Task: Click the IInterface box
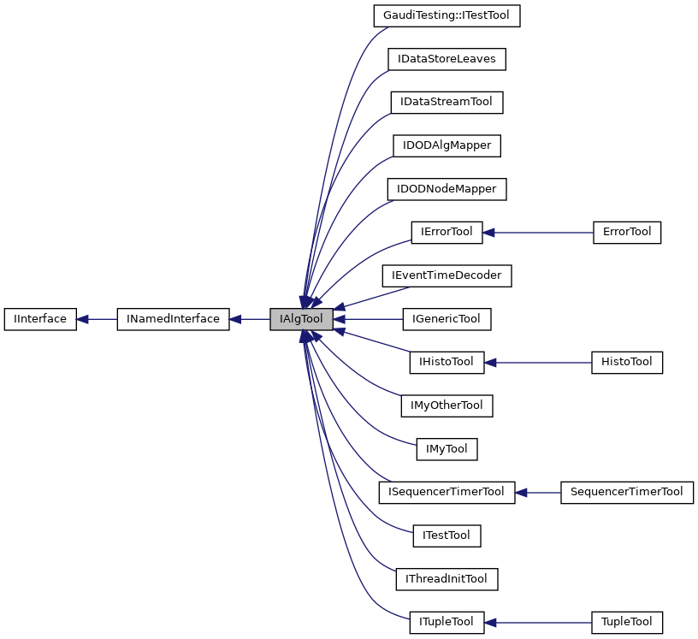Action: coord(40,319)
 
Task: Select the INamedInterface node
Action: coord(173,319)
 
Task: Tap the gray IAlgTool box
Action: coord(301,319)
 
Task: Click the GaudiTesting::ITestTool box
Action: coord(447,15)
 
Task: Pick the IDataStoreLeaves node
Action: coord(447,59)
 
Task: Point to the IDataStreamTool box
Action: coord(447,102)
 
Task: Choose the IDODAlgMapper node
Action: coord(447,145)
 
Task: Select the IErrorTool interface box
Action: coord(447,232)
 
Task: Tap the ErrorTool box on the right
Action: coord(627,232)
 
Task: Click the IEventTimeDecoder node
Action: coord(447,275)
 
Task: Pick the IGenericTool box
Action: coord(447,319)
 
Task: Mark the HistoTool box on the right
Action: coord(627,362)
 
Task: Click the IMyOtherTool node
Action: coord(447,405)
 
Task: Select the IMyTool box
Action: coord(447,448)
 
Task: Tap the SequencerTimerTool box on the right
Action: coord(626,492)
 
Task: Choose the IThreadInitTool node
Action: coord(447,578)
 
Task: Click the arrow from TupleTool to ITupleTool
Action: coord(538,622)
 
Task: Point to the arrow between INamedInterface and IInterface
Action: coord(97,319)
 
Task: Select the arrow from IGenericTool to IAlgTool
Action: coord(368,319)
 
